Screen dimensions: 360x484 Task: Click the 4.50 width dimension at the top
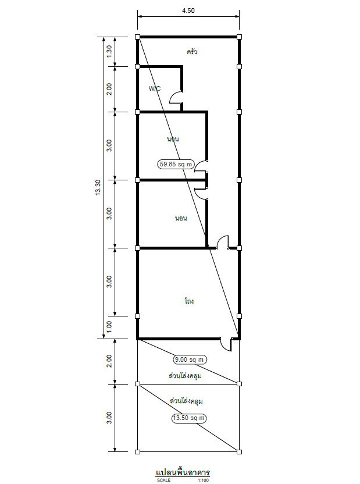pos(188,10)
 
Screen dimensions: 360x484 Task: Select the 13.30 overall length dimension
pos(98,188)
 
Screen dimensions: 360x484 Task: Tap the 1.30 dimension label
pos(109,51)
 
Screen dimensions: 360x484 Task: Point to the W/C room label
pos(155,88)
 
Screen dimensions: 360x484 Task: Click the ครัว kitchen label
pos(191,51)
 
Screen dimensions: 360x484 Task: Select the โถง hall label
pos(189,301)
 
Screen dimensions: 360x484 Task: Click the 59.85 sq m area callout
pos(176,164)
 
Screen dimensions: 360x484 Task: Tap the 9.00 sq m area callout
pos(190,360)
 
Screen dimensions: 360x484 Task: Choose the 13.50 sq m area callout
pos(189,418)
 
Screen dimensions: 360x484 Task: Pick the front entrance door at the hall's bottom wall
pos(227,344)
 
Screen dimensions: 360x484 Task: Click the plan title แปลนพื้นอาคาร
pos(183,472)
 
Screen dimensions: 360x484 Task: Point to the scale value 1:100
pos(204,481)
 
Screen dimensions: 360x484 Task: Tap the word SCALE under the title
pos(163,481)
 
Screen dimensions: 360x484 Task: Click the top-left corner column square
pos(138,37)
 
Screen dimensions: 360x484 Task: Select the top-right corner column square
pos(239,37)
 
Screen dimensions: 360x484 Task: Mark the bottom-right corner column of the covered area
pos(239,452)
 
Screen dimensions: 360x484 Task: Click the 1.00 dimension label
pos(109,327)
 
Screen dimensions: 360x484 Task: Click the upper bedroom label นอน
pos(173,139)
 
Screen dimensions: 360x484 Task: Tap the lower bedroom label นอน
pos(181,218)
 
